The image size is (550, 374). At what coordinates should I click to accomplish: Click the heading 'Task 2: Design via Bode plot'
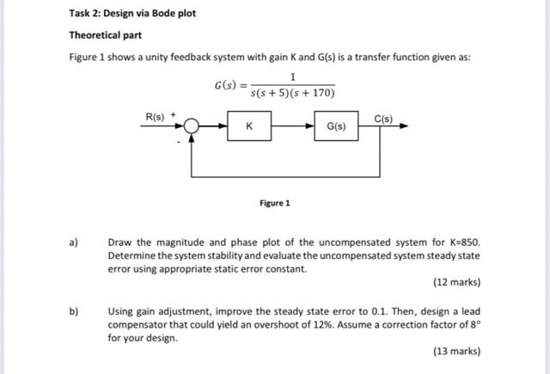132,15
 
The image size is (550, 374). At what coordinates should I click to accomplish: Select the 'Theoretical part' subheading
106,35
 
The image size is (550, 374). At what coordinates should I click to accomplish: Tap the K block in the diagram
249,126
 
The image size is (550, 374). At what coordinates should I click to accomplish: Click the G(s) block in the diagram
336,126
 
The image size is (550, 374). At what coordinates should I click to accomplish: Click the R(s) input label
156,115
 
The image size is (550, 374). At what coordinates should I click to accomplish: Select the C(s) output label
383,118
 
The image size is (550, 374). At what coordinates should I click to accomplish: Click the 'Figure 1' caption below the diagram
274,203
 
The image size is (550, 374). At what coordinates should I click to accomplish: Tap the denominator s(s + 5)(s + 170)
292,93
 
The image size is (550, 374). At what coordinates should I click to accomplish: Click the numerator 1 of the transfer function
292,78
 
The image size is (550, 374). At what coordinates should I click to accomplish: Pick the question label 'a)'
73,242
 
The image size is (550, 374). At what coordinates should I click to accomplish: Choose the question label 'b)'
73,311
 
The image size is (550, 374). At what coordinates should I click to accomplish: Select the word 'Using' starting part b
122,311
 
